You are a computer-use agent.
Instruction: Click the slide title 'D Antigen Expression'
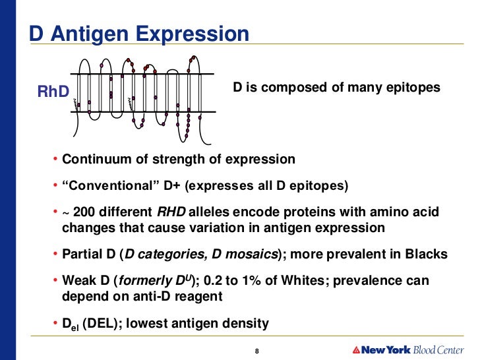[x=139, y=34]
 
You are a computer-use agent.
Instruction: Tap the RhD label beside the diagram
[x=53, y=91]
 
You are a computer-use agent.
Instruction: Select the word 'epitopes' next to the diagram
[x=415, y=87]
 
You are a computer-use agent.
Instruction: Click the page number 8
[x=256, y=349]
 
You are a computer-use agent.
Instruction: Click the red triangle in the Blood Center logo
[x=356, y=349]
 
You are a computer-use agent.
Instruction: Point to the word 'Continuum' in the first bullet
[x=94, y=160]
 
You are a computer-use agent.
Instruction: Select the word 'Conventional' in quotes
[x=107, y=186]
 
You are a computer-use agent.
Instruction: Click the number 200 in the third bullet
[x=85, y=212]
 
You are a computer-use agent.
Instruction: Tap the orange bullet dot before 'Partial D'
[x=55, y=255]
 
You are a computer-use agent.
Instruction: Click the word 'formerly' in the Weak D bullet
[x=143, y=281]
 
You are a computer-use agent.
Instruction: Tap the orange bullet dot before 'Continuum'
[x=55, y=160]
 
